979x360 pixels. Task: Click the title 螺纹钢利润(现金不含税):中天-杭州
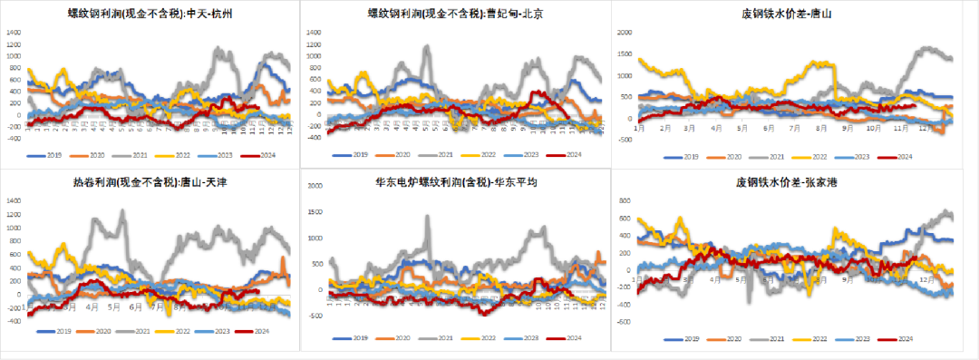coord(149,14)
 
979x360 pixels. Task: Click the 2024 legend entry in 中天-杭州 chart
coord(259,156)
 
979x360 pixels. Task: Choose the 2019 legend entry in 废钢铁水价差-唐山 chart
coord(689,157)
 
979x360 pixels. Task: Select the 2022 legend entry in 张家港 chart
coord(812,338)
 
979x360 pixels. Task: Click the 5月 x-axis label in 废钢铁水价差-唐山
coord(742,130)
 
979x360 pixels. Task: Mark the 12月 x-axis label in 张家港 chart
coord(924,280)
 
